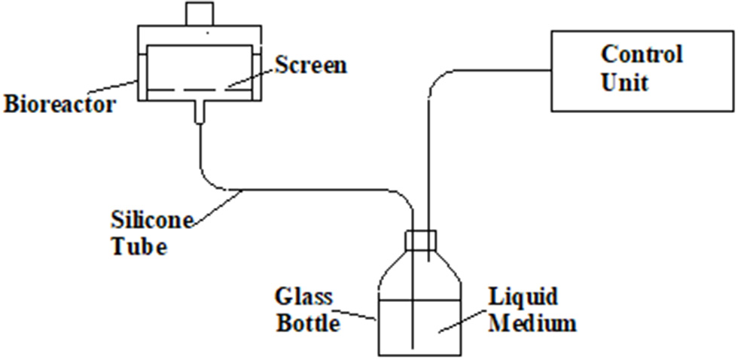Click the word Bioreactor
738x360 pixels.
pyautogui.click(x=60, y=103)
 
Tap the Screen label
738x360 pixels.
pyautogui.click(x=310, y=66)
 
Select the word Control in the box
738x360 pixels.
pyautogui.click(x=642, y=55)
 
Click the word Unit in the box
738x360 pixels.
pyautogui.click(x=624, y=81)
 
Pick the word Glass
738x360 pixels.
pyautogui.click(x=304, y=296)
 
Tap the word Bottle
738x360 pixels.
pyautogui.click(x=308, y=322)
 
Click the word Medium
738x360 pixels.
pyautogui.click(x=533, y=324)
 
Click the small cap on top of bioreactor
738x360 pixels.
pyautogui.click(x=200, y=13)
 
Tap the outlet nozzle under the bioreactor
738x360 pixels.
pyautogui.click(x=200, y=111)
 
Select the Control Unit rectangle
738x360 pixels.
pyautogui.click(x=642, y=68)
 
